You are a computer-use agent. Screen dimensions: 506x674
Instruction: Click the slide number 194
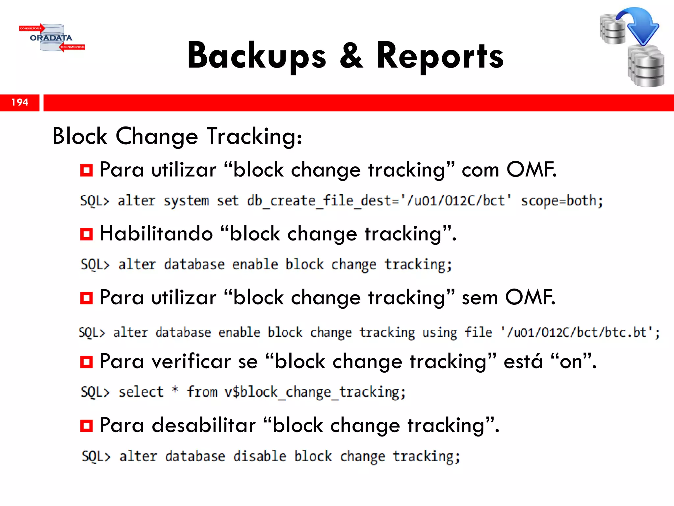(20, 102)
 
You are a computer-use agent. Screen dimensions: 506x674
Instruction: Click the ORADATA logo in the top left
(51, 38)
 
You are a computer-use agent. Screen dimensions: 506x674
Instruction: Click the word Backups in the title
(257, 56)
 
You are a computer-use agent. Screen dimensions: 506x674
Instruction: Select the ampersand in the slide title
(351, 56)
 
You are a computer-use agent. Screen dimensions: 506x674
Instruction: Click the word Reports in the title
(440, 56)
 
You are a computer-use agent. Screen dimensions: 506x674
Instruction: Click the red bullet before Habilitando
(87, 234)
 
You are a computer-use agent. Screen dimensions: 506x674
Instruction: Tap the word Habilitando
(156, 234)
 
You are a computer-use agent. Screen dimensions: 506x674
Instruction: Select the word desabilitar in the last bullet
(204, 425)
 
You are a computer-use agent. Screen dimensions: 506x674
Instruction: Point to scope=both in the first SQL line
(562, 201)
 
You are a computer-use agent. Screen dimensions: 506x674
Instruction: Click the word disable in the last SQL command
(260, 456)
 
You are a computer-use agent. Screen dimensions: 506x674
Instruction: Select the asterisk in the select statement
(175, 390)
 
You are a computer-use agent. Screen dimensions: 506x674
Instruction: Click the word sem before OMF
(480, 297)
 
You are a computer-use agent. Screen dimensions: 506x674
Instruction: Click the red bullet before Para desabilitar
(87, 426)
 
